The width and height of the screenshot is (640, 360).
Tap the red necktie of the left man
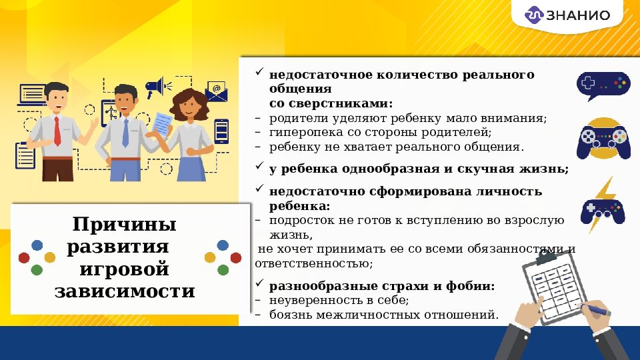[x=57, y=131]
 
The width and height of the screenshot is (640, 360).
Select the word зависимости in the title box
[x=125, y=292]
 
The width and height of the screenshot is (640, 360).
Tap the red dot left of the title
[x=24, y=257]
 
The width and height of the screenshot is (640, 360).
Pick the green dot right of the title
[x=223, y=270]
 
